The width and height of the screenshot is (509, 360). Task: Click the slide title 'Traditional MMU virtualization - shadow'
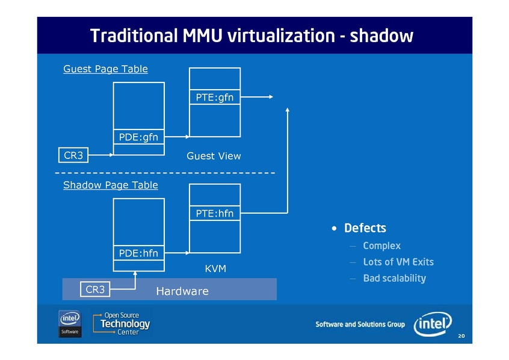251,36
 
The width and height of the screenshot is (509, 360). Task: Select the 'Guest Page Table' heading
105,69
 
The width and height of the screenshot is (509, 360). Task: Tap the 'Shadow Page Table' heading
111,185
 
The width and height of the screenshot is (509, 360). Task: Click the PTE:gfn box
215,98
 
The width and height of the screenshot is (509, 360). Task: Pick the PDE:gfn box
138,137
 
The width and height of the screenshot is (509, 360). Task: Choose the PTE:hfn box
215,213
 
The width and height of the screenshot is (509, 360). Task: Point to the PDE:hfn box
138,253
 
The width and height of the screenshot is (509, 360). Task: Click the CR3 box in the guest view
73,155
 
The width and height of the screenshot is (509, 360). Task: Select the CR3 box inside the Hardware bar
95,290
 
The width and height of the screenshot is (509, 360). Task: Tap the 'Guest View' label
214,156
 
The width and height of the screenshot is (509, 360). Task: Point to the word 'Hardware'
182,291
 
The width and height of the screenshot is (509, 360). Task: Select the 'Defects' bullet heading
365,228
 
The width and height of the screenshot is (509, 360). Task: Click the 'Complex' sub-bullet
381,246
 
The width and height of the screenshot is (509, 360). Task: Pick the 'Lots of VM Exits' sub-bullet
398,262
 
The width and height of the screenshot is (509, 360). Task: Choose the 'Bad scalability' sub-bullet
394,278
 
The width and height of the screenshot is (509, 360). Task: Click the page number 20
461,336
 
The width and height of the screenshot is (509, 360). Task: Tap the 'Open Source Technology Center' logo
122,323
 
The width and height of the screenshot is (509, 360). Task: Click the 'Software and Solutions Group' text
360,324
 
